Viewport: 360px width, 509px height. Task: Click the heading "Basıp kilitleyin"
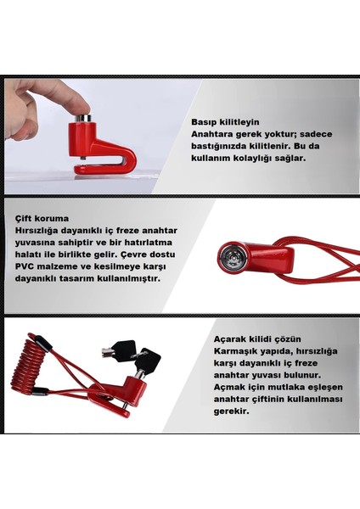click(x=224, y=121)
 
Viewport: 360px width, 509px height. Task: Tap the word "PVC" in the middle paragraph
click(x=24, y=265)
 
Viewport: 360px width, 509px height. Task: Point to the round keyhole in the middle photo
click(x=229, y=254)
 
